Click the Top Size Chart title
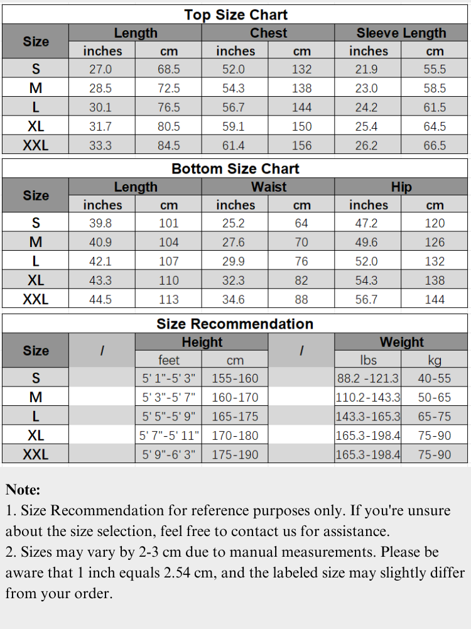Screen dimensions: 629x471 click(235, 15)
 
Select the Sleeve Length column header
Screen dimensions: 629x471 click(401, 33)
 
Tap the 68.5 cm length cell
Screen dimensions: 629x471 click(168, 70)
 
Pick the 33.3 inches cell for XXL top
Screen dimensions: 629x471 click(100, 146)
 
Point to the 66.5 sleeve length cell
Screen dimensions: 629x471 click(435, 146)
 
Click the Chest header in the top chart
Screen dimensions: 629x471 click(268, 33)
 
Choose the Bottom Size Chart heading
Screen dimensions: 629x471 click(235, 169)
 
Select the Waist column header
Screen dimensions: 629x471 click(268, 187)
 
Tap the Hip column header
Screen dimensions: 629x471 click(401, 187)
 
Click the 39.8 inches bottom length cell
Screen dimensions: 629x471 click(100, 224)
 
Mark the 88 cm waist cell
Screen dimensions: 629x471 click(301, 300)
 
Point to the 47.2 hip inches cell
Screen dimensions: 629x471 click(367, 224)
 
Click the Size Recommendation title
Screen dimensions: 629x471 click(235, 324)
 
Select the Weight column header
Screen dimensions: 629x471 click(401, 342)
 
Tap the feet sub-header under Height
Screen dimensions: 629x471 click(168, 361)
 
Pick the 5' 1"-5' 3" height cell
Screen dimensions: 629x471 click(168, 379)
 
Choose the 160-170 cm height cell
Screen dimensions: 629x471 click(235, 398)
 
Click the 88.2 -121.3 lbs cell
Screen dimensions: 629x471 click(367, 379)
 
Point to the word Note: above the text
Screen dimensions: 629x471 click(23, 490)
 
